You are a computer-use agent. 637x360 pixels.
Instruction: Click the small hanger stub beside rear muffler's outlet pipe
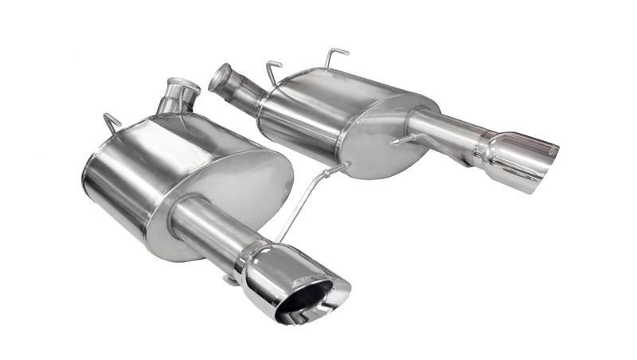tap(402, 141)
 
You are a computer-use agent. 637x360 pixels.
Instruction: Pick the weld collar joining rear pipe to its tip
tap(483, 147)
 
